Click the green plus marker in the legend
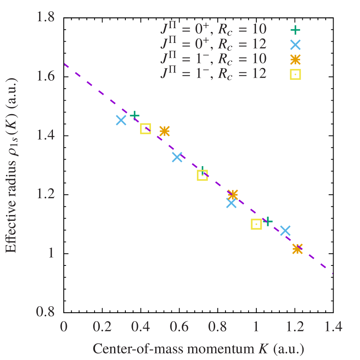click(x=295, y=30)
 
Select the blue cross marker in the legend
click(x=295, y=45)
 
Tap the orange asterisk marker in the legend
click(x=295, y=59)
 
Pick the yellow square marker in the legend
click(x=295, y=75)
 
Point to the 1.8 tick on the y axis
click(x=46, y=17)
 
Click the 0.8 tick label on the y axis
click(x=46, y=311)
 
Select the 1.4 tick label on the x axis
click(x=332, y=327)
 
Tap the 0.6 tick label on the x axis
click(x=179, y=327)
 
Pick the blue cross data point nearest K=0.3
click(x=121, y=120)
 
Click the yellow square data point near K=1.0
click(x=256, y=224)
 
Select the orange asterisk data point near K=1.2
click(x=297, y=249)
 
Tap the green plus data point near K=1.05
click(x=268, y=221)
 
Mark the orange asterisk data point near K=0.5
click(x=164, y=131)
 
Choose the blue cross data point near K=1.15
click(x=285, y=231)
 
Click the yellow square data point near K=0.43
click(x=145, y=129)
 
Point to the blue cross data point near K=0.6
click(x=177, y=157)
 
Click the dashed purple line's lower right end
click(x=332, y=274)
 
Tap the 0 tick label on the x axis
click(x=64, y=327)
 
